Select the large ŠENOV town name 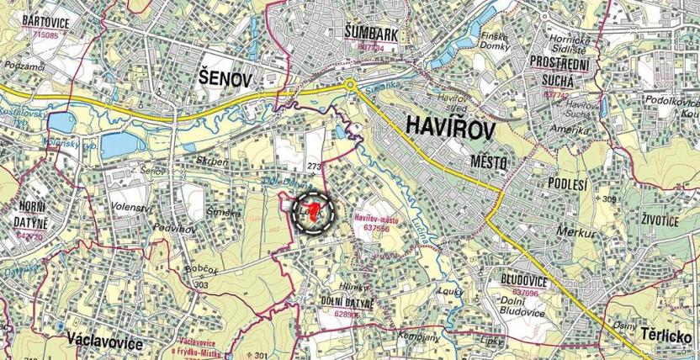pyautogui.click(x=225, y=79)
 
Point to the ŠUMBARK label pyautogui.click(x=370, y=33)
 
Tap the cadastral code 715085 pyautogui.click(x=43, y=35)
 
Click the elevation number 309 pyautogui.click(x=610, y=199)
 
